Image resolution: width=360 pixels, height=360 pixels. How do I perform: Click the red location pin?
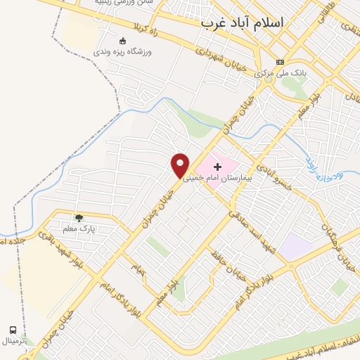pos(181,165)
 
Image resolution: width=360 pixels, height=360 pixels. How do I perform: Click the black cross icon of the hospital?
pos(217,167)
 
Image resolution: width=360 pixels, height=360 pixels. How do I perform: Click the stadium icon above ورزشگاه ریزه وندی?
pos(123,41)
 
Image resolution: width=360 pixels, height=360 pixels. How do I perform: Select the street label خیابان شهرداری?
pos(220,60)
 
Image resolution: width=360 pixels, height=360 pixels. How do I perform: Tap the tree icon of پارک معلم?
pos(79,218)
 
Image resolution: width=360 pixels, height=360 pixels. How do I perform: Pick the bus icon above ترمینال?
pos(13,329)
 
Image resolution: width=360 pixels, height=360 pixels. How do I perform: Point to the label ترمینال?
pos(13,340)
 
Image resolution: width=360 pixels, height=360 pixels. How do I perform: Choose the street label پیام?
pos(138,268)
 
